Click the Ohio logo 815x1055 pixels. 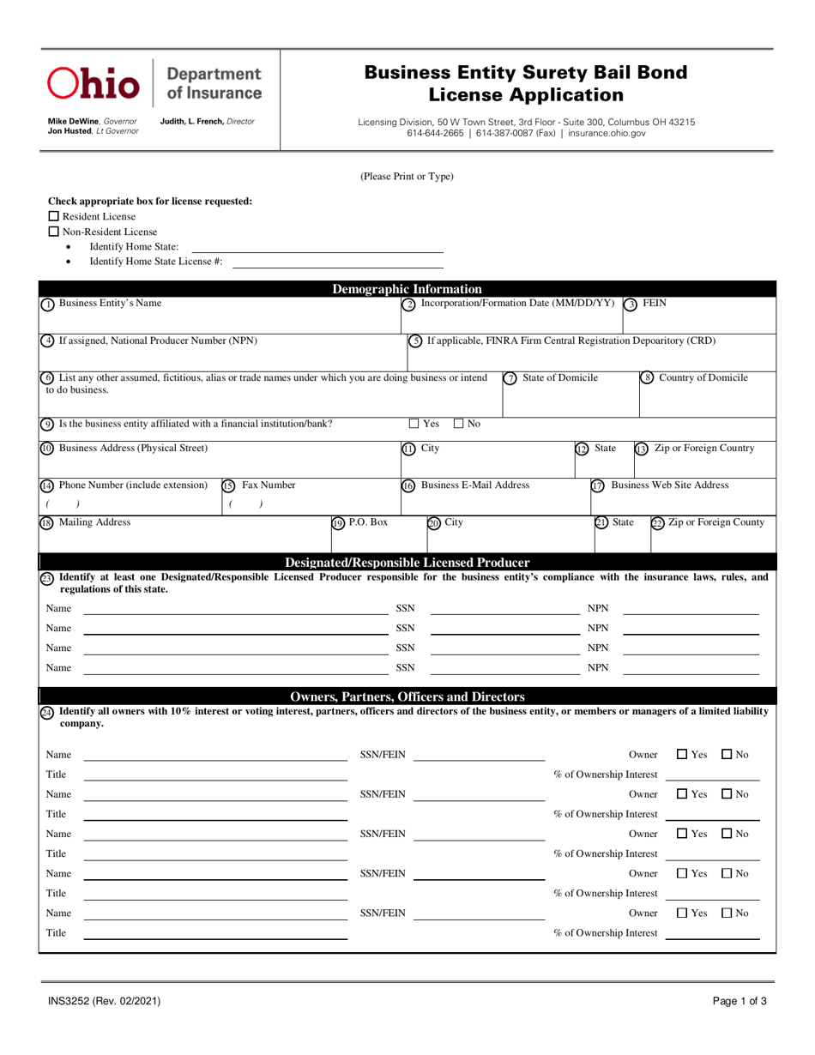click(94, 83)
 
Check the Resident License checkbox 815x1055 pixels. click(53, 216)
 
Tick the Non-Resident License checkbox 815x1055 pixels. click(53, 232)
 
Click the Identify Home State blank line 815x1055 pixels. click(317, 250)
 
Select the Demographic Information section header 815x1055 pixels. click(407, 289)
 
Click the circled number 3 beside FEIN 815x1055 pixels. click(631, 304)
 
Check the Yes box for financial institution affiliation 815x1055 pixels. click(414, 423)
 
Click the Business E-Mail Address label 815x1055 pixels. click(474, 485)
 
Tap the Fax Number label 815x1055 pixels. click(269, 485)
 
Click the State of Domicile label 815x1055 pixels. click(560, 378)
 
